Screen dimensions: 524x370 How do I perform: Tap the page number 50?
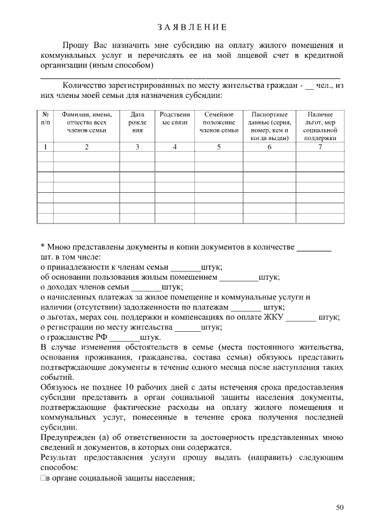(340, 508)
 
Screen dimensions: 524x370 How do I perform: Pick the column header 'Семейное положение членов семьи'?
(219, 123)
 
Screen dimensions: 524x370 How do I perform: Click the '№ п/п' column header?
(45, 119)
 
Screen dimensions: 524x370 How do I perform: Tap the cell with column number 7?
(320, 147)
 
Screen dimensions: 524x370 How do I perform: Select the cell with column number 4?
(175, 147)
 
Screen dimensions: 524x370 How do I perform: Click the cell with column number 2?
(87, 147)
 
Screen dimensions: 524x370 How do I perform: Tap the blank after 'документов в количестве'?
(314, 248)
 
